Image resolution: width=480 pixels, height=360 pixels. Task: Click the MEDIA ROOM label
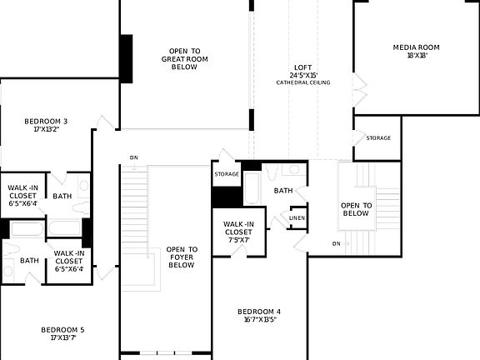coord(416,47)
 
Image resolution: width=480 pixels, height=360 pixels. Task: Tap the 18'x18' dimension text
coord(416,56)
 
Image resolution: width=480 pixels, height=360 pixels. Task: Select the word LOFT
coord(303,67)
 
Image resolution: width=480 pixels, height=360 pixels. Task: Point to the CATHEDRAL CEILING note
coord(303,83)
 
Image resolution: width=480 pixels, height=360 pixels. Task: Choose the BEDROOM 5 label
coord(62,330)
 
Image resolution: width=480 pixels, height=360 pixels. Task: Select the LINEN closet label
coord(297,218)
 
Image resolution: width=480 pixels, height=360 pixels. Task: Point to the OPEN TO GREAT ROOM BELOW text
coord(184,59)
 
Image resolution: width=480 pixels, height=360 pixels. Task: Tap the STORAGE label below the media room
coord(377,138)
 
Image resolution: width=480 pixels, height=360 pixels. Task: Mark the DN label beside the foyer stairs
coord(133,157)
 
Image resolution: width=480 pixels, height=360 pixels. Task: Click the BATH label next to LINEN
coord(283,191)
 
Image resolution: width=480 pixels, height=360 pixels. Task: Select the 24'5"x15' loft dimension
coord(303,76)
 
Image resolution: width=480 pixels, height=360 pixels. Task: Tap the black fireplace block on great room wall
coord(126,57)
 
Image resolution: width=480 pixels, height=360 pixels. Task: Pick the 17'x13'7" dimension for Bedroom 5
coord(62,338)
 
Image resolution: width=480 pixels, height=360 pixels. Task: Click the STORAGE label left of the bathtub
coord(227,174)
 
